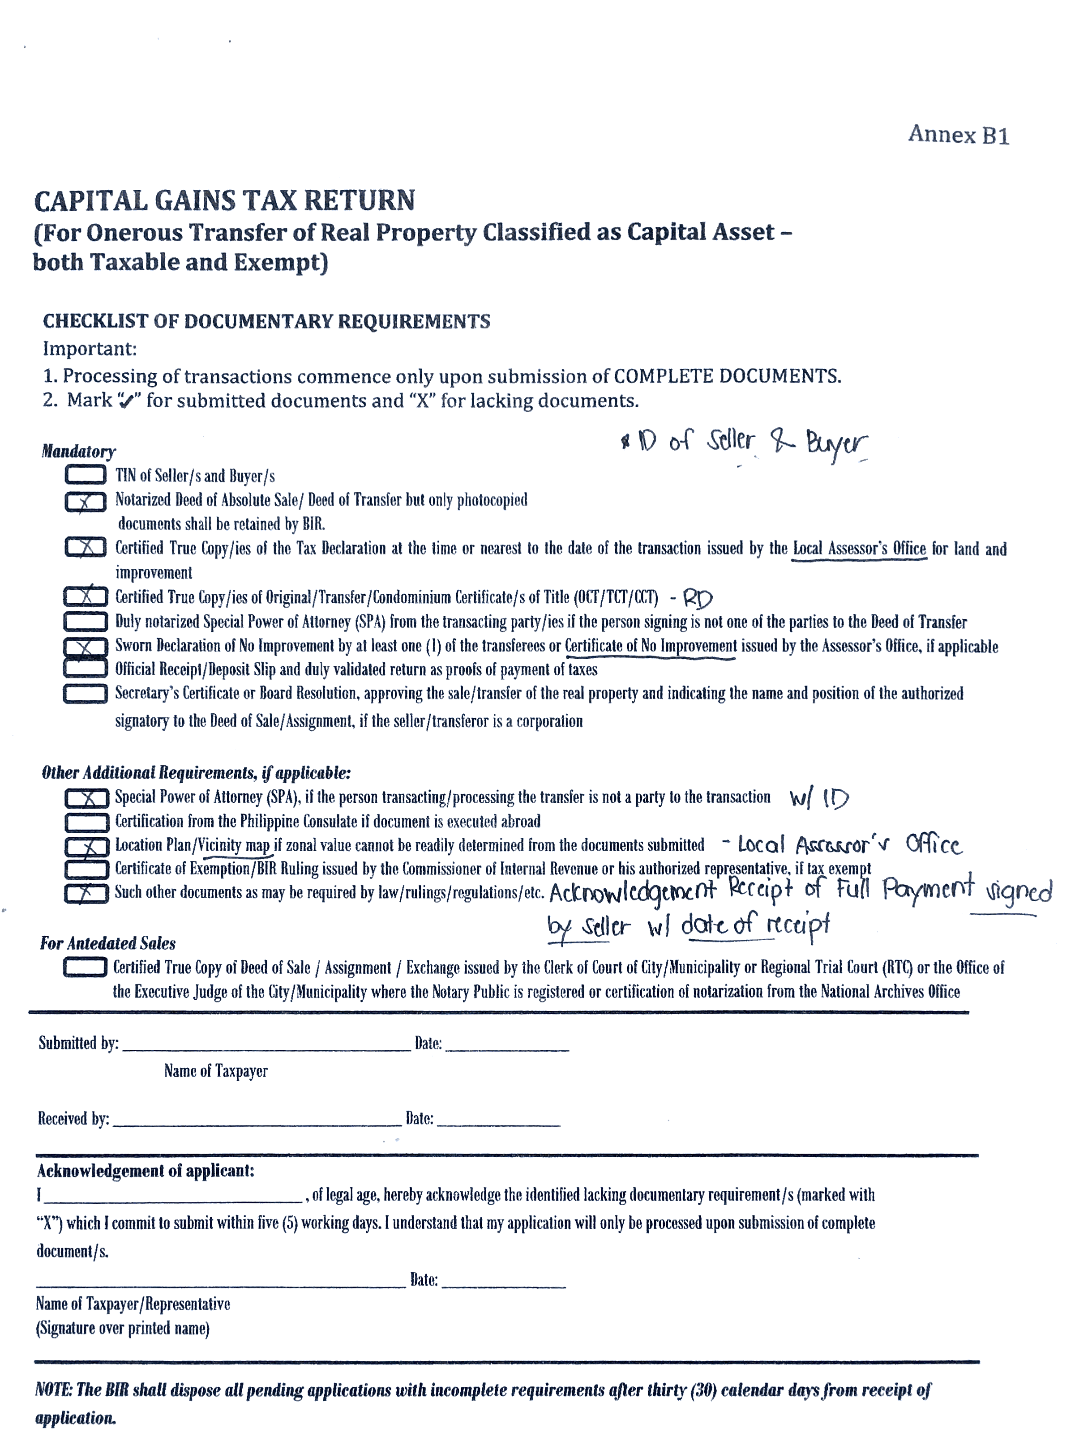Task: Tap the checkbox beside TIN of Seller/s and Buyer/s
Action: click(x=86, y=475)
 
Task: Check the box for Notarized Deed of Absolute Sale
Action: click(x=86, y=502)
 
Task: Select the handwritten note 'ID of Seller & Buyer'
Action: click(x=745, y=443)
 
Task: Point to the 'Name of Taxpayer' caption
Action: click(x=216, y=1071)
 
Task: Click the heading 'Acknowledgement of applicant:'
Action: click(x=146, y=1171)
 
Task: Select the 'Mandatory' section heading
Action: click(x=78, y=451)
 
